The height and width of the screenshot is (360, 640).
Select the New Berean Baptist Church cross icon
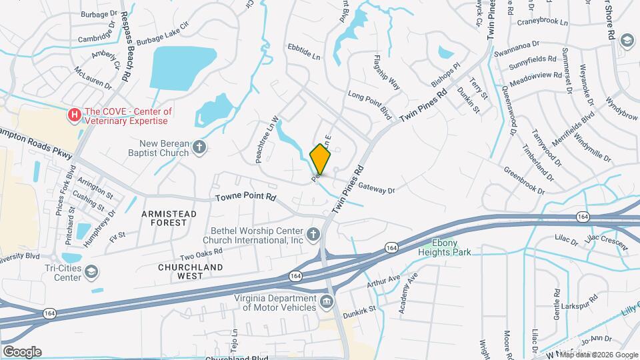click(199, 147)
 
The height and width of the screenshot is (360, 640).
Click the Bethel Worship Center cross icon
click(313, 235)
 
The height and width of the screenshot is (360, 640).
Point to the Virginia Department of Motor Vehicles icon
click(327, 301)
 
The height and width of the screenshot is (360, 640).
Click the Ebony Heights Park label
click(445, 247)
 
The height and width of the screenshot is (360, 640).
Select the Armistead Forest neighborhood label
click(169, 218)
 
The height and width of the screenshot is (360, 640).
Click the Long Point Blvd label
click(369, 104)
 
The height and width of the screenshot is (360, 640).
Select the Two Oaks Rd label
click(201, 255)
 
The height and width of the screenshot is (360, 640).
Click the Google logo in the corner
click(22, 352)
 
